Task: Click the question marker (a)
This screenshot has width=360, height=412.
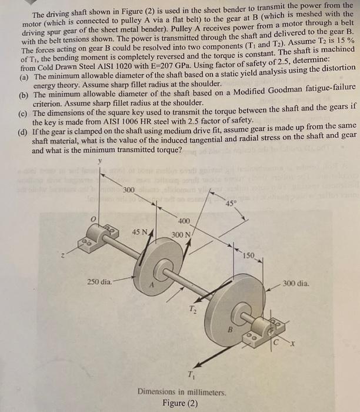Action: point(25,77)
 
